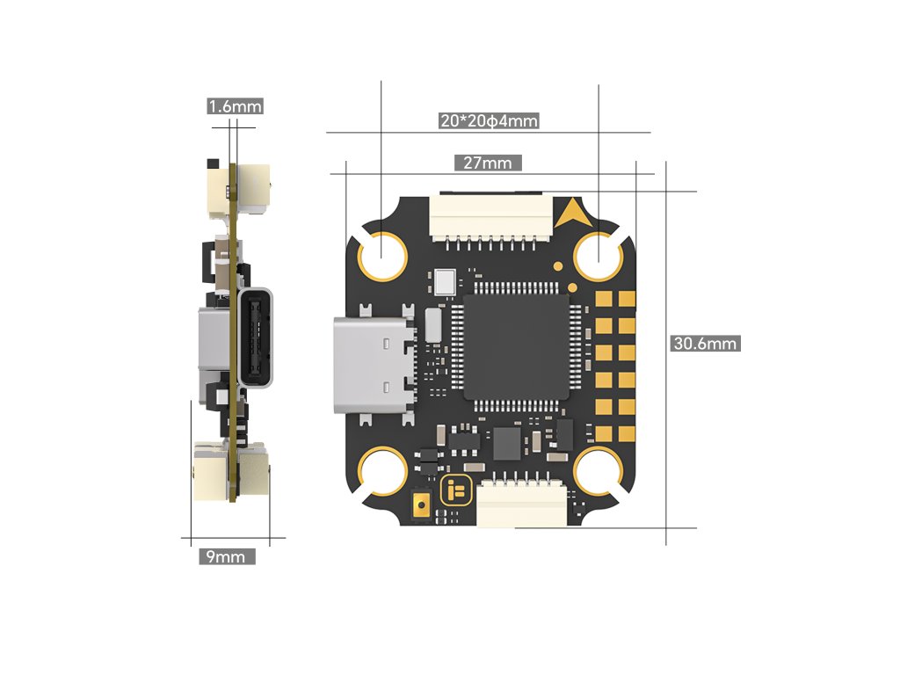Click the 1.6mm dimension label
[x=235, y=106]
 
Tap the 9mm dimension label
[x=227, y=556]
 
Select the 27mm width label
[x=487, y=163]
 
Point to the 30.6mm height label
[x=704, y=344]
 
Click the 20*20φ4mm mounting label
[x=489, y=121]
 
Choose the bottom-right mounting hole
[x=599, y=472]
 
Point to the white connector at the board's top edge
[x=489, y=215]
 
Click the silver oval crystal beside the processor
[x=432, y=324]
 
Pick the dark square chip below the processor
[x=507, y=443]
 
